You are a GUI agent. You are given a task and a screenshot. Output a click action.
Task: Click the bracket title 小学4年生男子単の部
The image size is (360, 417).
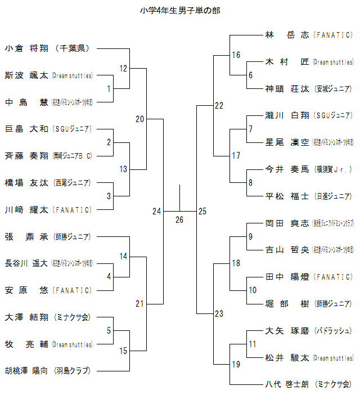coord(180,11)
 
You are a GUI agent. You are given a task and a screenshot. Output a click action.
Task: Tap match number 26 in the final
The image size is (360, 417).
coord(179,219)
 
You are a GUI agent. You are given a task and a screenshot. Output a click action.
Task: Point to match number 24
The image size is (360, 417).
coord(156,211)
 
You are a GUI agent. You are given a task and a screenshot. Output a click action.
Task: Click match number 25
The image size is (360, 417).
coord(202,211)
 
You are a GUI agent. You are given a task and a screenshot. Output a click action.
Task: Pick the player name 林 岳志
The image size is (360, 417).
coord(287,35)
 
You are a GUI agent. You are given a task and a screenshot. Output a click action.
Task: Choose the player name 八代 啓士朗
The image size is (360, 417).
coord(287,384)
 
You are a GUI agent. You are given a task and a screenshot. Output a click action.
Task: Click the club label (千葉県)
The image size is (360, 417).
coord(74,48)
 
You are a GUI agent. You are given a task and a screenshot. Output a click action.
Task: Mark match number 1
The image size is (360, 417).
coord(109,88)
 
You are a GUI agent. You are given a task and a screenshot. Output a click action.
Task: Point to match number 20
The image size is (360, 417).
coord(140,119)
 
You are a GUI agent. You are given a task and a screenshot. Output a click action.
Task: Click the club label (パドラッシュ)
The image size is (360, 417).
coord(333,330)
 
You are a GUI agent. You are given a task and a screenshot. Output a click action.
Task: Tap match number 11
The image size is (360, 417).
coord(253,343)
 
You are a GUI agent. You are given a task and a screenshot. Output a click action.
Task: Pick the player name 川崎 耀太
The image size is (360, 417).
coord(26,210)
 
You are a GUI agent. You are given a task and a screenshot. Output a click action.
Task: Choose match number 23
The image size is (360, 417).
coord(219,314)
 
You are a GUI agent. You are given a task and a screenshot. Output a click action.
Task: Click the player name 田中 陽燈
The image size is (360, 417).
coord(287,277)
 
